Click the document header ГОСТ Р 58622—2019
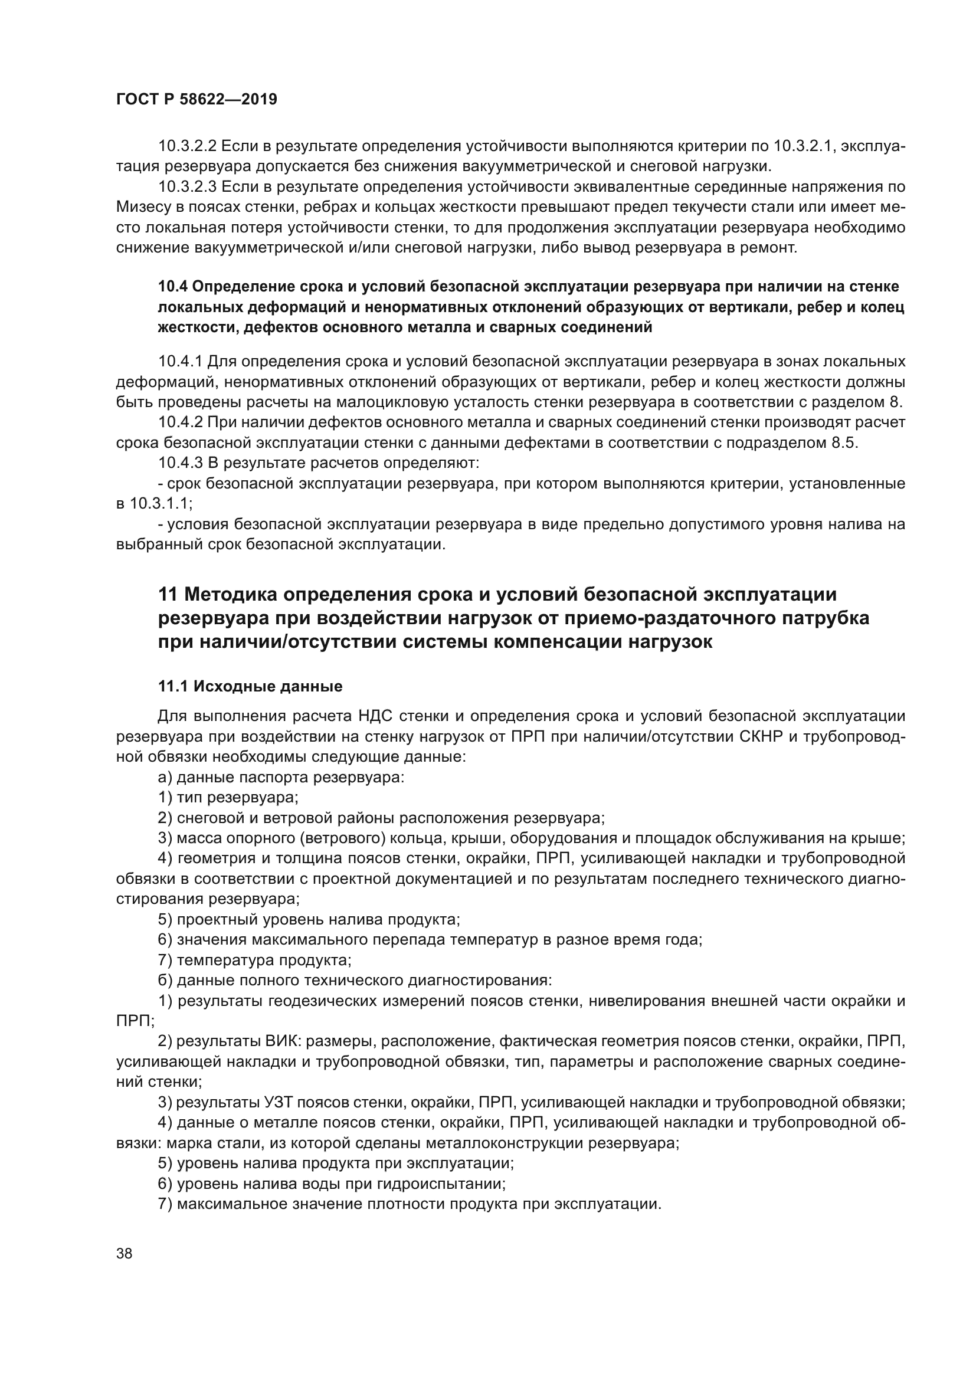tap(196, 100)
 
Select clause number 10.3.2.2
tap(187, 146)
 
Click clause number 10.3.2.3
tap(187, 187)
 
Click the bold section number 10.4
tap(172, 287)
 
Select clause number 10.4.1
tap(181, 362)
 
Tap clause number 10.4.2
tap(181, 423)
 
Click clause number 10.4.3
tap(181, 463)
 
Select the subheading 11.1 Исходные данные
tap(250, 686)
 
